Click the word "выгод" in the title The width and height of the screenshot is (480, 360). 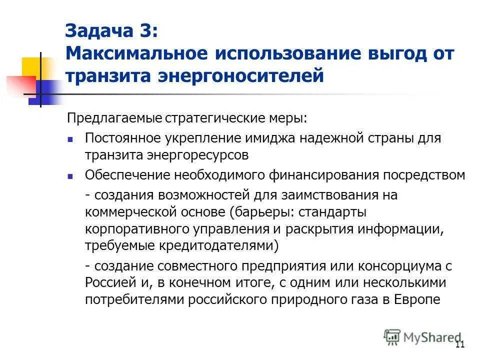click(393, 53)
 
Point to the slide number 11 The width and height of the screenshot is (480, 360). click(460, 344)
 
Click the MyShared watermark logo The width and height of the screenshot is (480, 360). click(422, 336)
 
